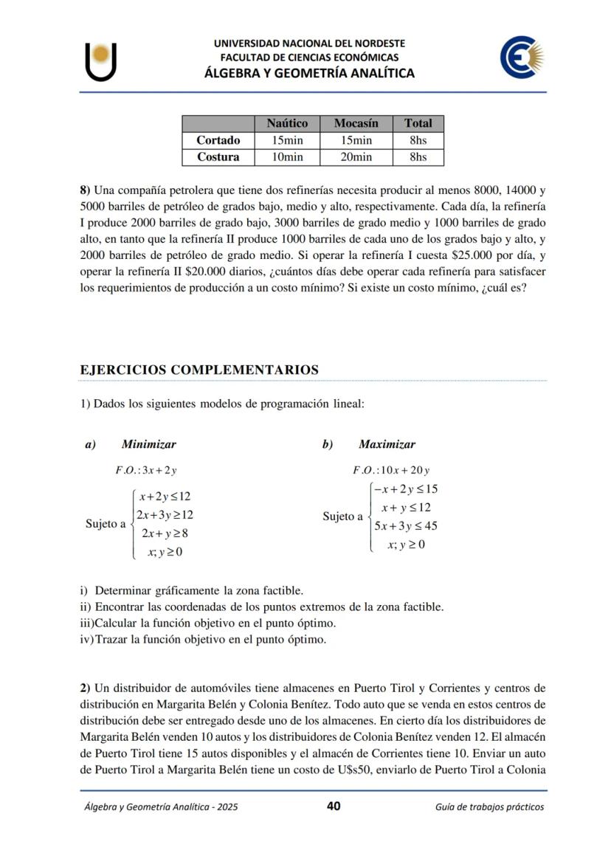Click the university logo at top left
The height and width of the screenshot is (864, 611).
pyautogui.click(x=101, y=61)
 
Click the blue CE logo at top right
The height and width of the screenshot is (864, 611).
pyautogui.click(x=521, y=59)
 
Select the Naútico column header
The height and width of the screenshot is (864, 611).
pyautogui.click(x=287, y=123)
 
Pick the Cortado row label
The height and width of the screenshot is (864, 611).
pyautogui.click(x=218, y=140)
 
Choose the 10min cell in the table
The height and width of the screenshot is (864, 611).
pyautogui.click(x=287, y=157)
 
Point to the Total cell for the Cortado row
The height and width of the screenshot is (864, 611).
pyautogui.click(x=418, y=140)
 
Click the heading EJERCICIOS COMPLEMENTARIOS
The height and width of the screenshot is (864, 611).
pyautogui.click(x=199, y=370)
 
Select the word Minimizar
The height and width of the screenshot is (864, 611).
pyautogui.click(x=149, y=444)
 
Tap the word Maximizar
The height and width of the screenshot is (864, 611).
pyautogui.click(x=387, y=444)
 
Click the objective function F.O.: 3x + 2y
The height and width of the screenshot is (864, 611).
pyautogui.click(x=146, y=470)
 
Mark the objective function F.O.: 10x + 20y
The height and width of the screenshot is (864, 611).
pyautogui.click(x=391, y=470)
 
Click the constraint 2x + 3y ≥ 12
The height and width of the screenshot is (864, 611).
pyautogui.click(x=165, y=515)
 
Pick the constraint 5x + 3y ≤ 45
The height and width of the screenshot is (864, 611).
pyautogui.click(x=405, y=526)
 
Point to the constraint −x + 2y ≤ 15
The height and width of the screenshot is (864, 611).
pyautogui.click(x=405, y=489)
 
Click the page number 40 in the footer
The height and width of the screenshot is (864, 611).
pyautogui.click(x=334, y=806)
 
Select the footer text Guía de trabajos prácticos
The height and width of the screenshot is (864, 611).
pyautogui.click(x=490, y=806)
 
